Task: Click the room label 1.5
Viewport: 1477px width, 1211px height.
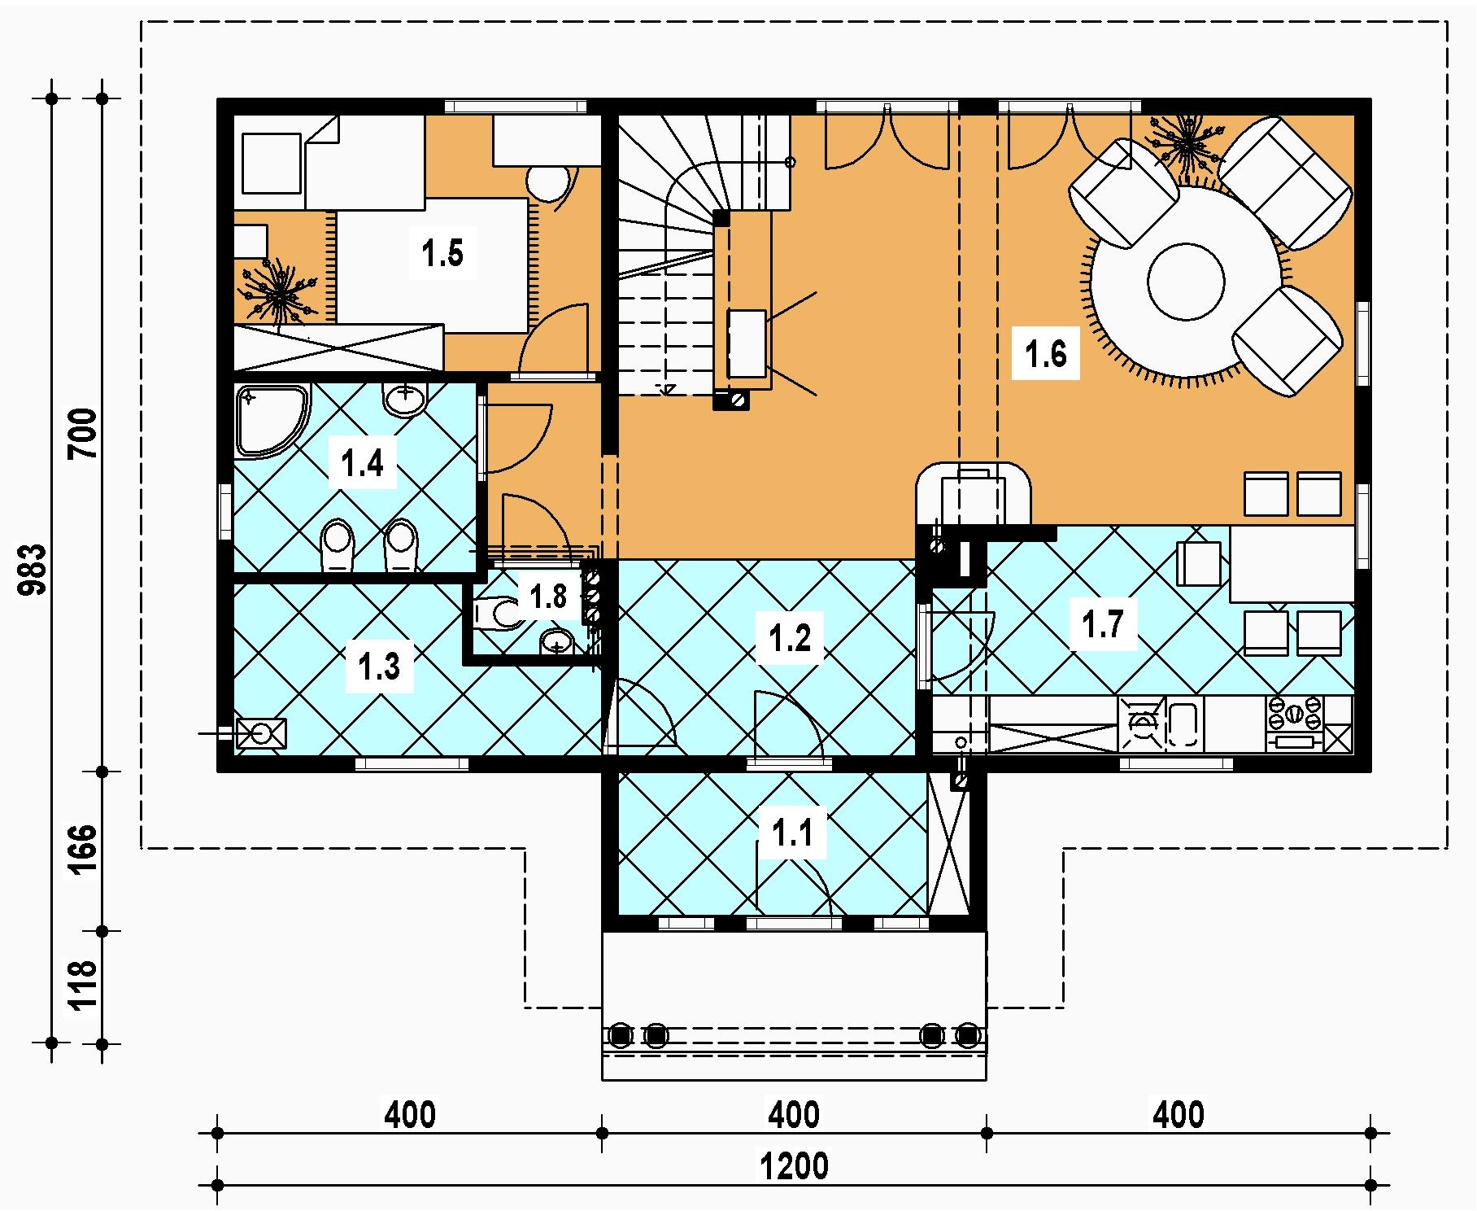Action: tap(442, 254)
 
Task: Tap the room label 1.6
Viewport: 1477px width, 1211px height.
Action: tap(1045, 355)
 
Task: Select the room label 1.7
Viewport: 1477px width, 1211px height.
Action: tap(1103, 624)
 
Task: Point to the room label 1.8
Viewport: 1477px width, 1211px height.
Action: tap(547, 597)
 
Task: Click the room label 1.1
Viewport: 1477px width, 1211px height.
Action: tap(792, 833)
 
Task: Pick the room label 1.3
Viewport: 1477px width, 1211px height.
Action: tap(380, 667)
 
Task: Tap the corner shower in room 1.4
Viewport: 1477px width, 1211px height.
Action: tap(271, 420)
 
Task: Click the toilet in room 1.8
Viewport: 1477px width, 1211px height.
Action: tap(497, 613)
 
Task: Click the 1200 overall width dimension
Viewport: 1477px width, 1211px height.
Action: tap(794, 1166)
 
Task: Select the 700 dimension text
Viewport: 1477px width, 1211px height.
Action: tap(85, 434)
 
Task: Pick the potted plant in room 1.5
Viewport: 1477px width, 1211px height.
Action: tap(278, 292)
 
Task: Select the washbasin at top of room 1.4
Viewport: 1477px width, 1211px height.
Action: tap(405, 400)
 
